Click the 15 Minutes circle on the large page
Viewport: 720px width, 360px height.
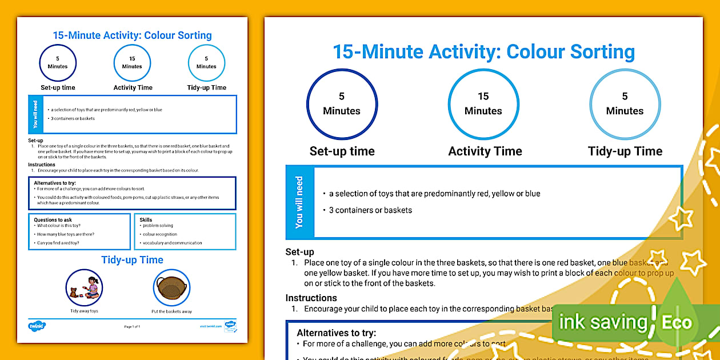[483, 104]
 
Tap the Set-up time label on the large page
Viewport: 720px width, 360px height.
[342, 151]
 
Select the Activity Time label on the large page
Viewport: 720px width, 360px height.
[485, 151]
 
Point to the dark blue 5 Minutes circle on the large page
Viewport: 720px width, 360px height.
[342, 104]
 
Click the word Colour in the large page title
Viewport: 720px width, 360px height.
[535, 52]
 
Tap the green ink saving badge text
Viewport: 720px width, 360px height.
[603, 322]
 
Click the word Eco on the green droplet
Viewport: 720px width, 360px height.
[677, 322]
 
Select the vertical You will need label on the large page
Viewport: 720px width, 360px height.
[299, 202]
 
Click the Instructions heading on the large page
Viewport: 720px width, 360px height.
[311, 298]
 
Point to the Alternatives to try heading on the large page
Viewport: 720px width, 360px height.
[336, 333]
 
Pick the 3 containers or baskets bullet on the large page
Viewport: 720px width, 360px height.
[370, 210]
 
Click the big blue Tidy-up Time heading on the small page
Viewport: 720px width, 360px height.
[132, 260]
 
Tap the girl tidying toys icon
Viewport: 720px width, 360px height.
[84, 287]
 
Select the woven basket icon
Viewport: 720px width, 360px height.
[171, 287]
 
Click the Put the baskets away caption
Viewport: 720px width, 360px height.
[171, 311]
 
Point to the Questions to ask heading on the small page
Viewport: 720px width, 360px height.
[53, 219]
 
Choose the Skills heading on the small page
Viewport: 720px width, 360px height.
[146, 219]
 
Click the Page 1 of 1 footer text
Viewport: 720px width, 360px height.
[132, 326]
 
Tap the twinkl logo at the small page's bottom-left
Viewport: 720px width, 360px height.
[37, 326]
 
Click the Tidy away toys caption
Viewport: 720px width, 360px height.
[84, 311]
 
